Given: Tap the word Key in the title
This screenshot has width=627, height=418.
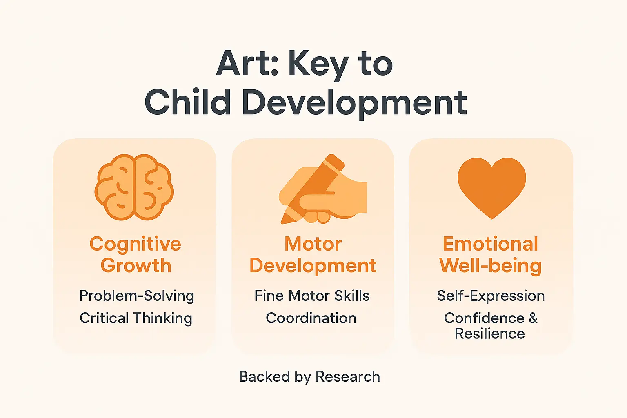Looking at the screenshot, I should pos(318,65).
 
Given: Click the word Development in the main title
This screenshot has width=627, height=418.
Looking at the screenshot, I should pos(354,103).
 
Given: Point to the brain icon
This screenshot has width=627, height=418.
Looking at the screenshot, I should pos(134,187).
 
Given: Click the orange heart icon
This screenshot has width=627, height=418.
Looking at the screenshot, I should pos(491,185).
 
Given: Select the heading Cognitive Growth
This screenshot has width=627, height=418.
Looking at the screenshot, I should pos(136,255).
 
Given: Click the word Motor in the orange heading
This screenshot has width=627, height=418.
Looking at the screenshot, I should pos(313,244).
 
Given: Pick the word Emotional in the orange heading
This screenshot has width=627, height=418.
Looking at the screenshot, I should pos(490,244).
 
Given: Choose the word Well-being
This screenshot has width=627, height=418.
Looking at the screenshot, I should pos(490,266).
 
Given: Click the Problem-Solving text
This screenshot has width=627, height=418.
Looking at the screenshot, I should pos(136,296).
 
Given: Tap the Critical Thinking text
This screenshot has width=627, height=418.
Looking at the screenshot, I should pos(136,318).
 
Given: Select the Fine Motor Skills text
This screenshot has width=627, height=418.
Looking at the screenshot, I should pos(312,296).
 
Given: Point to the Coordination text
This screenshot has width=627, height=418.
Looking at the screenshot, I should pos(311,318).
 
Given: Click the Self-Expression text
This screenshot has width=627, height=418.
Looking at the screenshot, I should pos(491,296).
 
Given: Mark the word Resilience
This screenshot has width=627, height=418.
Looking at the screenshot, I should pos(490,334).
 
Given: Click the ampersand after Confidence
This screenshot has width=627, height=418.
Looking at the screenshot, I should pos(533,318).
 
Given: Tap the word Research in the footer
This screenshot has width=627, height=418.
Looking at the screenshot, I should pos(348,377).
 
